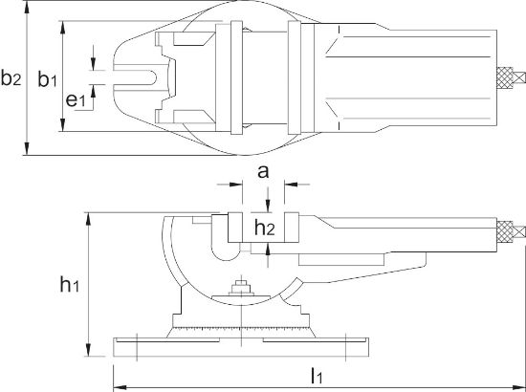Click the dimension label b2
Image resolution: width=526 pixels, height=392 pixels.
click(x=11, y=79)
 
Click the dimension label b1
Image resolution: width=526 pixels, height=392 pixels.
click(x=48, y=79)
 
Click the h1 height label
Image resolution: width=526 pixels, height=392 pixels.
click(x=68, y=283)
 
